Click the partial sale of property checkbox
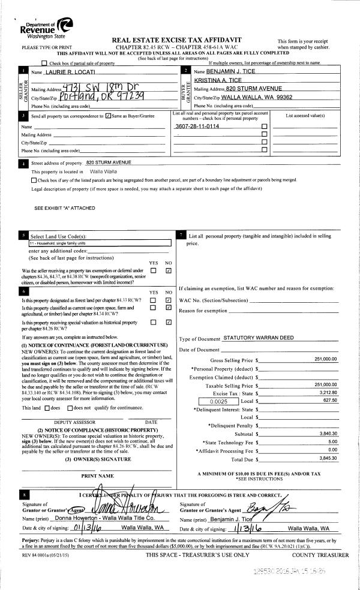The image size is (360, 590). (x=44, y=63)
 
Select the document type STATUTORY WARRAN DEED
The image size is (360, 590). (x=258, y=338)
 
